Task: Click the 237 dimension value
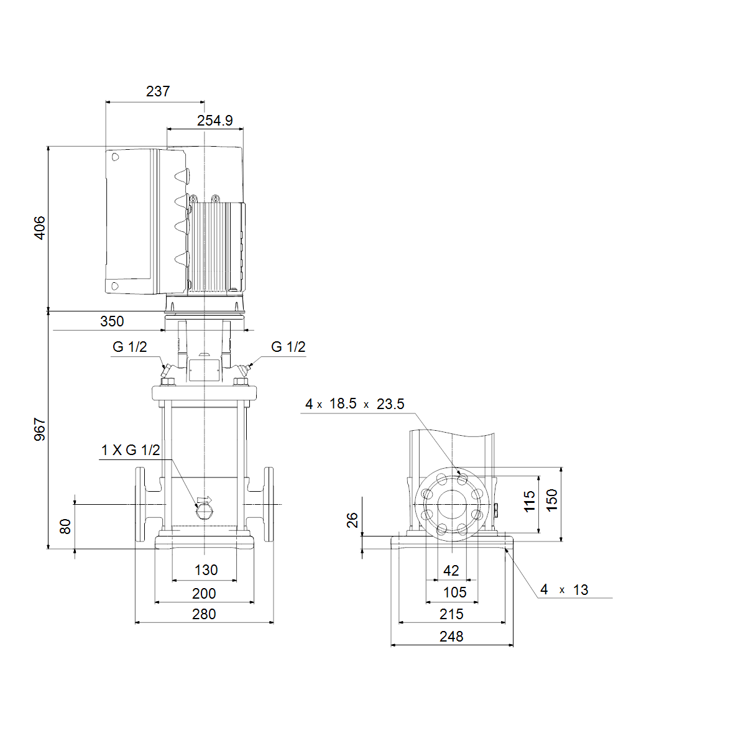[x=158, y=91]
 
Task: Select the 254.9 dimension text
[x=215, y=121]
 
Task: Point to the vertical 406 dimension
[x=40, y=228]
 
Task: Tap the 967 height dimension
[x=40, y=429]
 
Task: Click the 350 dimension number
[x=112, y=321]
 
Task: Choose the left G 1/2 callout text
[x=130, y=346]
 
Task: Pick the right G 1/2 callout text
[x=288, y=346]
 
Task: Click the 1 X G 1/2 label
[x=131, y=450]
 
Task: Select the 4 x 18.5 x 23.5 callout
[x=354, y=404]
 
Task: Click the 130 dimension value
[x=206, y=570]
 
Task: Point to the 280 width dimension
[x=204, y=614]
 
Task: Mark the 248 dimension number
[x=451, y=637]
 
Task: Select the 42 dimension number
[x=451, y=570]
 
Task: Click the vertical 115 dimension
[x=529, y=501]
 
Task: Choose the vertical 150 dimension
[x=551, y=500]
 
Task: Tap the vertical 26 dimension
[x=352, y=520]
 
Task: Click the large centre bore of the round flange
[x=452, y=504]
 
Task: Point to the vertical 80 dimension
[x=65, y=527]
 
